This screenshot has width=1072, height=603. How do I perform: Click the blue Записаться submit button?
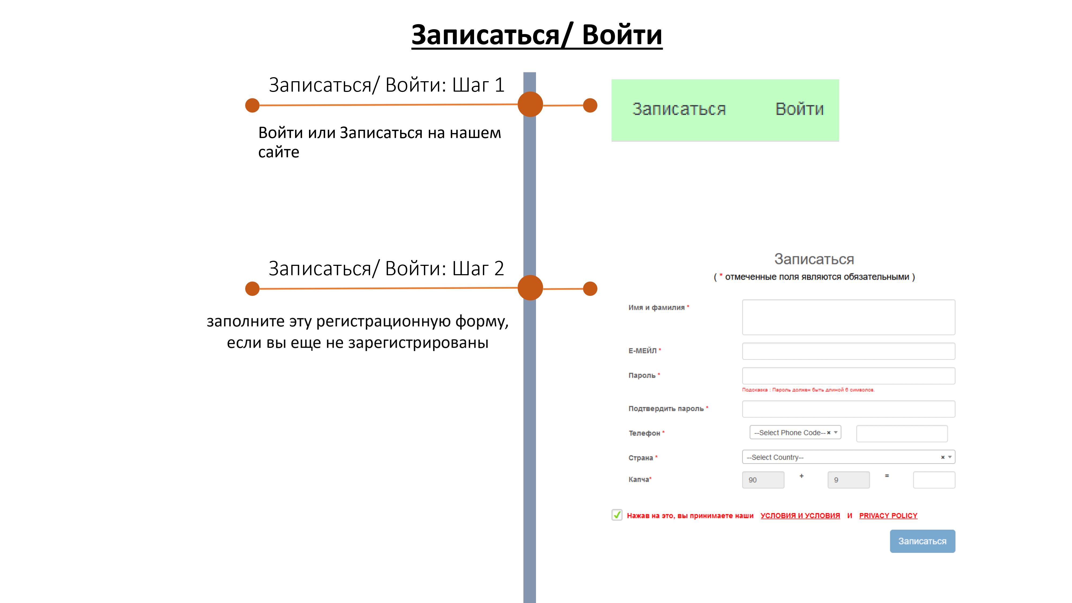[922, 541]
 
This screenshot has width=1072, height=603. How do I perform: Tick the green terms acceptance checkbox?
[617, 515]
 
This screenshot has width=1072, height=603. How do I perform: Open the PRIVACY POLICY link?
[888, 516]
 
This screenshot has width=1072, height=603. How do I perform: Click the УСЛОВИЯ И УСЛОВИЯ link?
[800, 516]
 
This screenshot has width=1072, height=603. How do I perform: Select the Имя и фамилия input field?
[848, 317]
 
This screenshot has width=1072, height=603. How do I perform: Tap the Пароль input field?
[848, 376]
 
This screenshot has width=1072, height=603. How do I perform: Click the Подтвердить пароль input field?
[848, 409]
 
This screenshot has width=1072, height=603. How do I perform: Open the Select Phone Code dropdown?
[795, 432]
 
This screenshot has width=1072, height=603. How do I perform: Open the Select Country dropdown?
[848, 457]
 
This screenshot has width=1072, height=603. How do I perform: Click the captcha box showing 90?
[763, 480]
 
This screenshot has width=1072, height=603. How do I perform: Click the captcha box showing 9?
[848, 480]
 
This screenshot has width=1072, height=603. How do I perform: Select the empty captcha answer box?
[934, 480]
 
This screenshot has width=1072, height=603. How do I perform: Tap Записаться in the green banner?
[679, 109]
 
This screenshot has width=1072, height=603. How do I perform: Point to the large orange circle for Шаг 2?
[530, 288]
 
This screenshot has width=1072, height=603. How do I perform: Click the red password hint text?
[808, 390]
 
